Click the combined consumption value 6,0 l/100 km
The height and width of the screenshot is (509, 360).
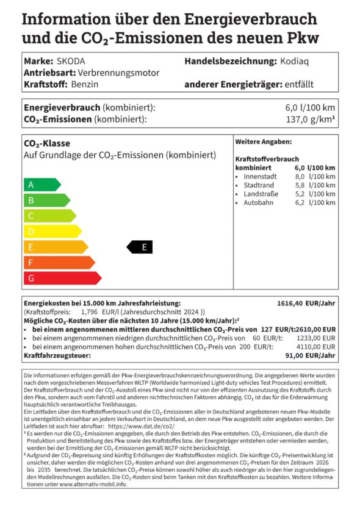pos(311,107)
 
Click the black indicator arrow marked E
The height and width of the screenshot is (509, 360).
pos(140,247)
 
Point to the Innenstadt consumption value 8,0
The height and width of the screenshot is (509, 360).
pos(300,176)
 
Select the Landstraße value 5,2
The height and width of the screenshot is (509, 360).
pos(300,193)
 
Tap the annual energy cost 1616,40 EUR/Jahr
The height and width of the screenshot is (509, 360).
pos(306,302)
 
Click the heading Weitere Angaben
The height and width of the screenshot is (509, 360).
pos(255,141)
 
